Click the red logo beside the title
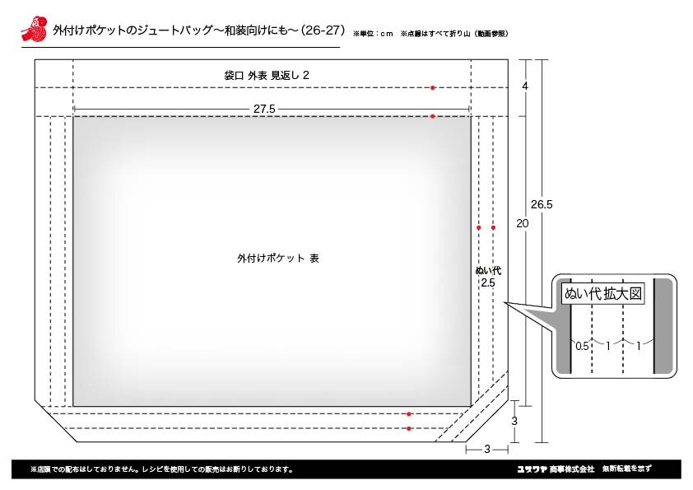(35, 29)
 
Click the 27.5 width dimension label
(264, 109)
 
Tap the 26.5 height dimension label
(542, 204)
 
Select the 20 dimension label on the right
(523, 223)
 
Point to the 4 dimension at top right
(525, 86)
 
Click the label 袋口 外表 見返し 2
(267, 76)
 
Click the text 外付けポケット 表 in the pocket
(278, 259)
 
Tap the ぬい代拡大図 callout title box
(602, 294)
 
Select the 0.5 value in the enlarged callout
(582, 346)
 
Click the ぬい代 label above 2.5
(488, 271)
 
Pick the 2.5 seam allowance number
(488, 283)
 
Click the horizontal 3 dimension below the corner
(487, 450)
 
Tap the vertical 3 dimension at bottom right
(514, 421)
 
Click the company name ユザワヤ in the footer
(532, 469)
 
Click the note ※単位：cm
(373, 34)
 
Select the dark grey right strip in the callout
(663, 326)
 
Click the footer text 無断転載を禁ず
(626, 469)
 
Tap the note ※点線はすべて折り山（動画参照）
(454, 34)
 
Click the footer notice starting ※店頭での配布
(162, 469)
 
